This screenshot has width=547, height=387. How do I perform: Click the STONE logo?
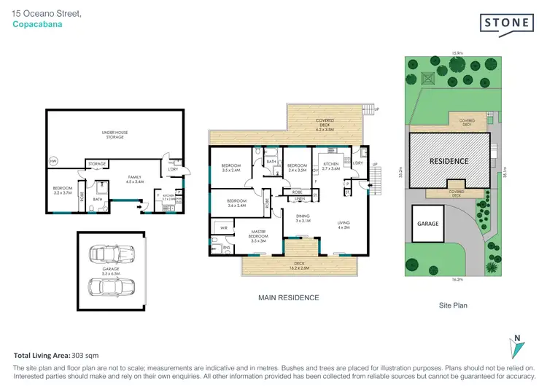click(507, 23)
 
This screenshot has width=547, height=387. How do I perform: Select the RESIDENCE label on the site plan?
click(448, 160)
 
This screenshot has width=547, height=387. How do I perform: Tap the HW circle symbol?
click(53, 161)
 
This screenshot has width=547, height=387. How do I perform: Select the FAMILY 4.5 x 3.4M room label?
click(135, 179)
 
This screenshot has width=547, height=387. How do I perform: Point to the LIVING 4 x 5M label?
click(344, 225)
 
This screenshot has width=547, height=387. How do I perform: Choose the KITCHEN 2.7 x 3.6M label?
click(332, 167)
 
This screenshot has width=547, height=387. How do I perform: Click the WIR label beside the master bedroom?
click(222, 228)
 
